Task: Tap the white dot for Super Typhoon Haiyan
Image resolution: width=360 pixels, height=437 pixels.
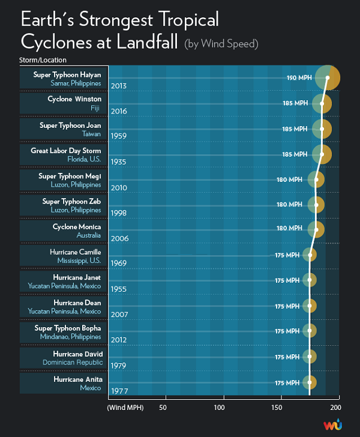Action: pyautogui.click(x=328, y=78)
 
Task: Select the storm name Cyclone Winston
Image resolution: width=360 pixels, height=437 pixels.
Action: pyautogui.click(x=74, y=99)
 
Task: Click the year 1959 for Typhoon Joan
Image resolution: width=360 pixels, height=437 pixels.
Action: pyautogui.click(x=119, y=136)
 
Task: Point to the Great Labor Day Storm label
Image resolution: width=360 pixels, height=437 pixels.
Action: pyautogui.click(x=66, y=151)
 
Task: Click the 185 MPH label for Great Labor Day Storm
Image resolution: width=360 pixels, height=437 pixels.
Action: pyautogui.click(x=295, y=154)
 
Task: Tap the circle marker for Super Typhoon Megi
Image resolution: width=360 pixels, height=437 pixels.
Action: pyautogui.click(x=316, y=179)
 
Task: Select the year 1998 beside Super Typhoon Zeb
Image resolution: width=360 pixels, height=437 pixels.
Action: pyautogui.click(x=119, y=212)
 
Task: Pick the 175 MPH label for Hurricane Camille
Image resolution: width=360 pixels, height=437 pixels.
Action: pyautogui.click(x=287, y=255)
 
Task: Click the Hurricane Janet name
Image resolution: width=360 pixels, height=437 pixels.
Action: pyautogui.click(x=75, y=277)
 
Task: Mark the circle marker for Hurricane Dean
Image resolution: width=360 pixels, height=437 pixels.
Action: pyautogui.click(x=310, y=306)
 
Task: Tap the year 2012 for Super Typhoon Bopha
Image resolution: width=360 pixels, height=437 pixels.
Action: pyautogui.click(x=119, y=340)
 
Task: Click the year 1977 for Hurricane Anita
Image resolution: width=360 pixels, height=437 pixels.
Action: pyautogui.click(x=119, y=391)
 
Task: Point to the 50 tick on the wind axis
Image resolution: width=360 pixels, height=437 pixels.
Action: pyautogui.click(x=162, y=408)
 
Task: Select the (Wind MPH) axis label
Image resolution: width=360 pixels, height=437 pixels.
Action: pyautogui.click(x=124, y=408)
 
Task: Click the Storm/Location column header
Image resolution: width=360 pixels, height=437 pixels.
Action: pyautogui.click(x=43, y=60)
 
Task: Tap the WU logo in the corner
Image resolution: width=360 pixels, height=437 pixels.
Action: pyautogui.click(x=332, y=425)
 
